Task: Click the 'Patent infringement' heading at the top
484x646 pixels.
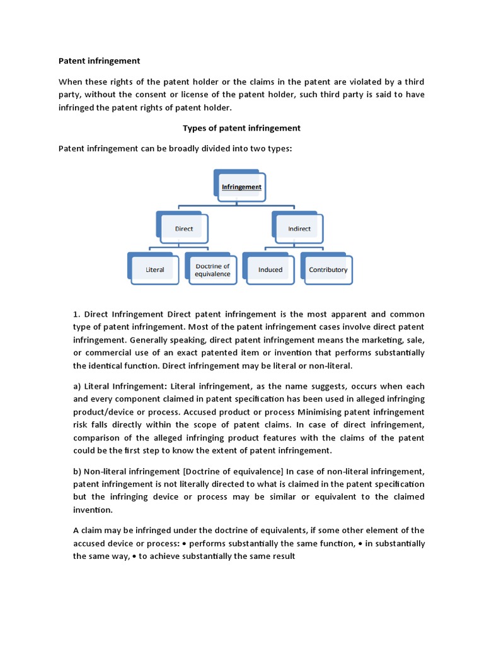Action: [99, 61]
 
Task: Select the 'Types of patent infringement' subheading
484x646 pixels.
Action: [241, 128]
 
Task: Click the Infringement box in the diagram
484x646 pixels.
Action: [241, 187]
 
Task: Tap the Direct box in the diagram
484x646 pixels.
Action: [184, 228]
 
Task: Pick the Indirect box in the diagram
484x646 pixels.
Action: [299, 228]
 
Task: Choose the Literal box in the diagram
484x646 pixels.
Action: [155, 269]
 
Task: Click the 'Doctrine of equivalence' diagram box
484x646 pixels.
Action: [212, 270]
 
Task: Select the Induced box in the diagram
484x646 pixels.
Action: [270, 269]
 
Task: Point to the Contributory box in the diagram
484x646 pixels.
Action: [328, 269]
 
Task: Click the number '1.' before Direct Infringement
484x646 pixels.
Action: [77, 314]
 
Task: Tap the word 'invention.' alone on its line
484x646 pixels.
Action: [93, 510]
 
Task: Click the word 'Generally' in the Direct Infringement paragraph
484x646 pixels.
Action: [149, 340]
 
